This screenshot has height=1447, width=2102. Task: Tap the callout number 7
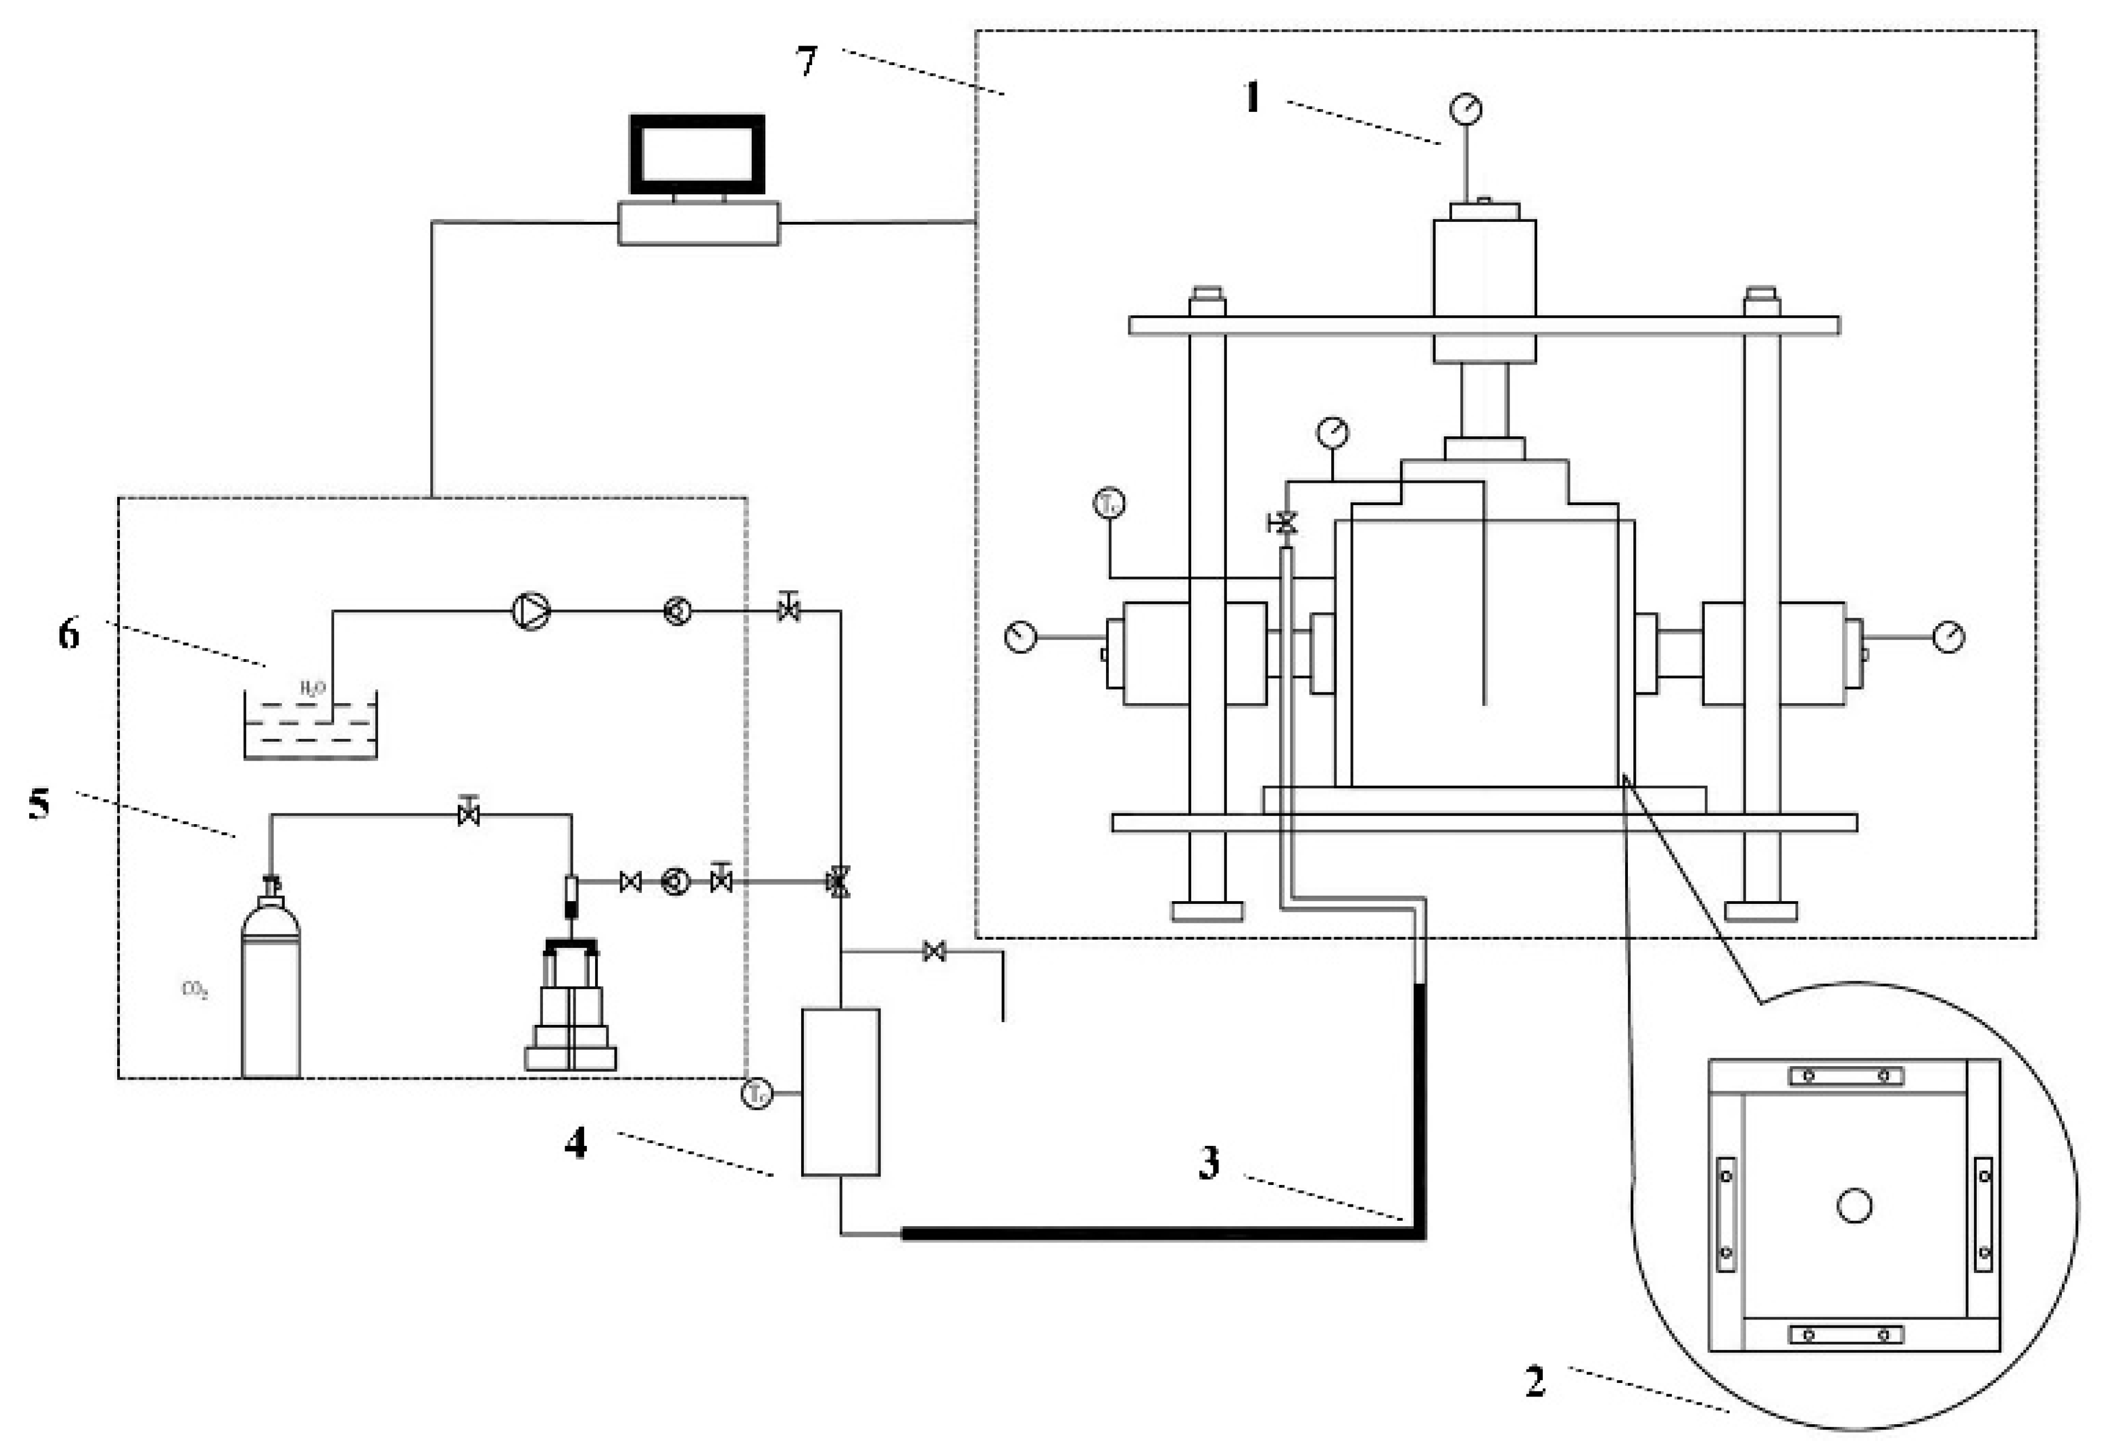pos(807,62)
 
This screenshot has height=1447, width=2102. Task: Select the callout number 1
pos(1253,97)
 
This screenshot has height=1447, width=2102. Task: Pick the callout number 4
pos(576,1144)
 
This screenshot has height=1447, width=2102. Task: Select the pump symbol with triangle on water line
pos(531,611)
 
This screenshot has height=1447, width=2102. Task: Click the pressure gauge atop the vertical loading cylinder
pos(1466,110)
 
